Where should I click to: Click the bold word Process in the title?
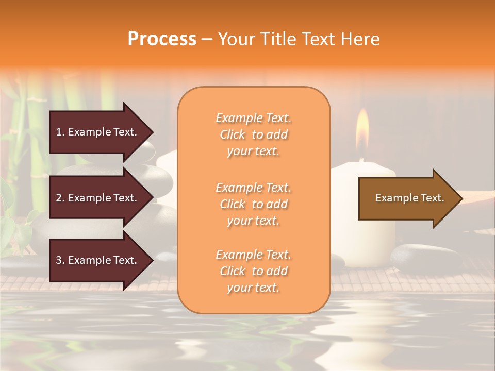[162, 39]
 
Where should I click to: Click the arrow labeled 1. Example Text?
[98, 132]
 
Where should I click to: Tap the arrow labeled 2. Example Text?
[98, 198]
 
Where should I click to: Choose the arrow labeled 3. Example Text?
[98, 260]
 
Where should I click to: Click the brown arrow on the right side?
[407, 198]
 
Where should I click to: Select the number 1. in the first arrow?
[60, 132]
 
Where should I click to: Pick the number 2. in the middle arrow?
[60, 198]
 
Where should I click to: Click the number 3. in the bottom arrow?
[60, 260]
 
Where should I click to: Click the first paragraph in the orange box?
[253, 134]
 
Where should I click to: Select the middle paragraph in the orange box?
[253, 204]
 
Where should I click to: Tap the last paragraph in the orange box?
[253, 271]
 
